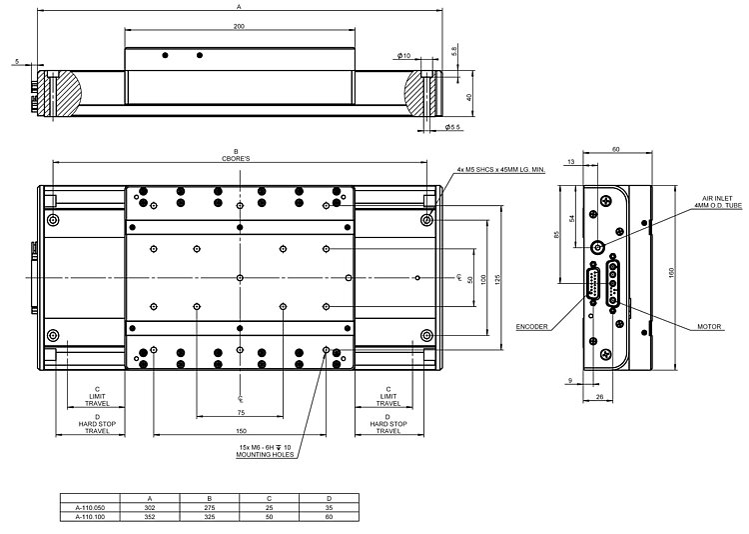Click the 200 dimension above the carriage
coord(240,27)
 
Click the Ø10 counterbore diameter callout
coord(402,55)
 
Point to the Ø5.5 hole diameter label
coord(451,127)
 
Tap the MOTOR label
coord(683,327)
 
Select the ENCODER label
coord(532,327)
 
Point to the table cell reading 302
coord(150,507)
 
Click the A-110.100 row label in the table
coord(90,518)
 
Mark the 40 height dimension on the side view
coord(469,97)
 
